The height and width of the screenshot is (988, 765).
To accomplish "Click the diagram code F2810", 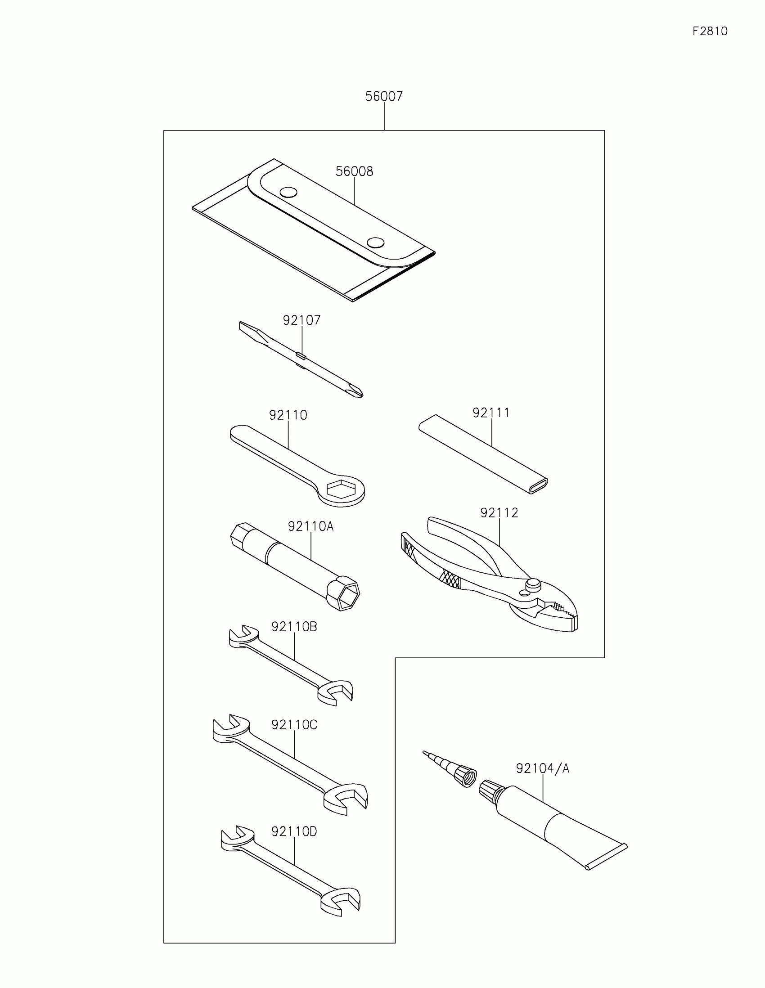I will tap(710, 31).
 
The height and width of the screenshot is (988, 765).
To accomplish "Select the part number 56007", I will tap(384, 96).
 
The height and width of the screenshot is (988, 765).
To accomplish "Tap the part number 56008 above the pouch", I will tap(354, 171).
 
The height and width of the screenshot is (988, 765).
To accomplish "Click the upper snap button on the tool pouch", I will tap(288, 192).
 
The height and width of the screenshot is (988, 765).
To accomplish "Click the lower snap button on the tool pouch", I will tap(375, 243).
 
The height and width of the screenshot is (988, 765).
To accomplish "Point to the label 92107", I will tap(302, 320).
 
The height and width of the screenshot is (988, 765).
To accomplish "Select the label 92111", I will tap(491, 413).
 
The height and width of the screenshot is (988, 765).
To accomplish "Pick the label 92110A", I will tap(310, 526).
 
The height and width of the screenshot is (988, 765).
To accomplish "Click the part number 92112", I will tap(499, 512).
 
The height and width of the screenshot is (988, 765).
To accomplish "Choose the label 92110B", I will tap(294, 627).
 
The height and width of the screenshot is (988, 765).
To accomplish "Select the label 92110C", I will tap(294, 725).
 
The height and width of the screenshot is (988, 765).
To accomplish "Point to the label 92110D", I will tap(294, 831).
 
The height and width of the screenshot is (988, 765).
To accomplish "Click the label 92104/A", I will tap(542, 768).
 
